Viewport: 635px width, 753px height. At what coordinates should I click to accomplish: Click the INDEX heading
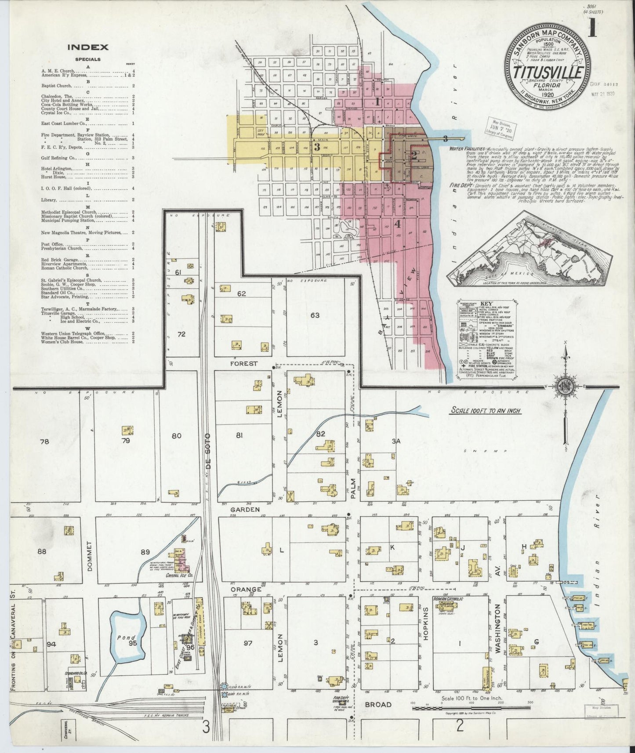click(x=87, y=47)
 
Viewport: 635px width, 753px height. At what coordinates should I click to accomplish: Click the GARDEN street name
click(x=244, y=510)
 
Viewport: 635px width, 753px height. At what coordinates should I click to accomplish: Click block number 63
click(x=315, y=315)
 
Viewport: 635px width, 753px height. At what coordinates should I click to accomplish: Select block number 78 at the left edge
click(x=44, y=442)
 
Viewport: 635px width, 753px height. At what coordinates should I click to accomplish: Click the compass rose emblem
click(x=565, y=387)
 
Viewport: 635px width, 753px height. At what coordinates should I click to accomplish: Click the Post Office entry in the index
click(x=52, y=244)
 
